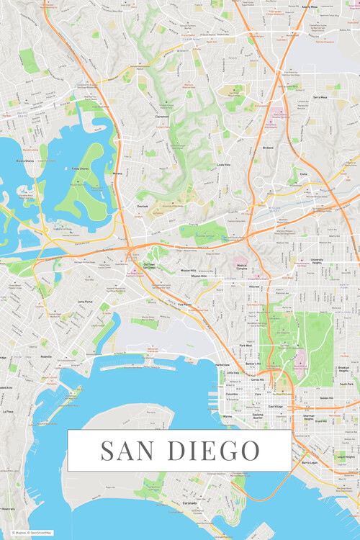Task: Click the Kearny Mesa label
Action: click(x=310, y=6)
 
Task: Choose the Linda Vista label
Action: click(x=224, y=164)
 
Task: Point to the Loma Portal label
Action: click(x=85, y=302)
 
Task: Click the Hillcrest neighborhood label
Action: click(x=255, y=286)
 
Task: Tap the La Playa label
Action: click(x=9, y=411)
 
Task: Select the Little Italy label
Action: click(x=233, y=373)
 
